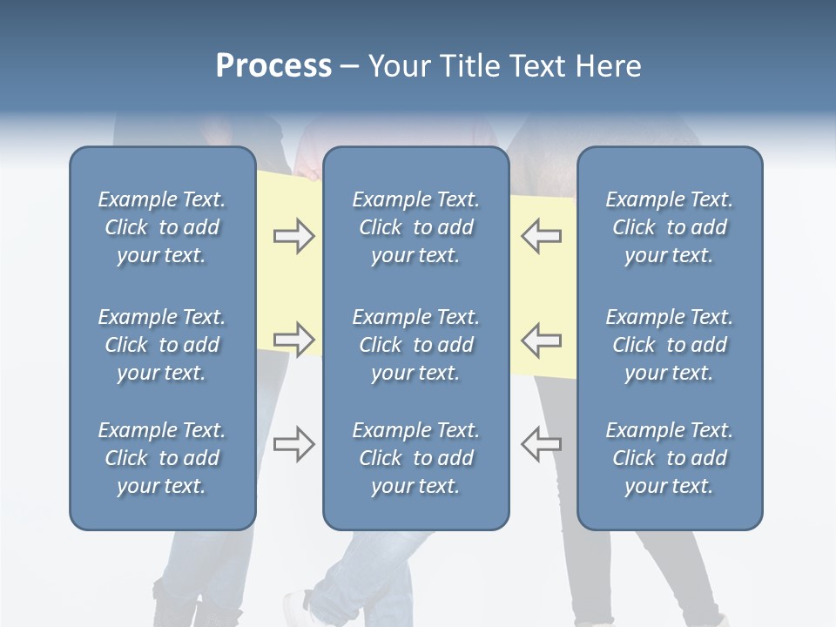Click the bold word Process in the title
click(273, 66)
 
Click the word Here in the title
click(608, 66)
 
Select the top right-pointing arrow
click(293, 237)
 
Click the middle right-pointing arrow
click(293, 339)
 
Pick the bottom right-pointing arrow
click(293, 444)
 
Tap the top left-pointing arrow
click(542, 237)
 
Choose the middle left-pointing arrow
click(542, 339)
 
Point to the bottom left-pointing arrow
click(542, 444)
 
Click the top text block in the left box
click(162, 227)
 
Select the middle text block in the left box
click(162, 345)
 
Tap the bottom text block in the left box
click(162, 458)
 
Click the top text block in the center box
click(416, 227)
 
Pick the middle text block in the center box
click(416, 345)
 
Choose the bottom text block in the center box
click(416, 458)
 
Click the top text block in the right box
click(670, 227)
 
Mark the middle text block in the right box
click(670, 345)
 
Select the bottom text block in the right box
click(670, 458)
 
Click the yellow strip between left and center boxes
click(289, 287)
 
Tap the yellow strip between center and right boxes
click(542, 287)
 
